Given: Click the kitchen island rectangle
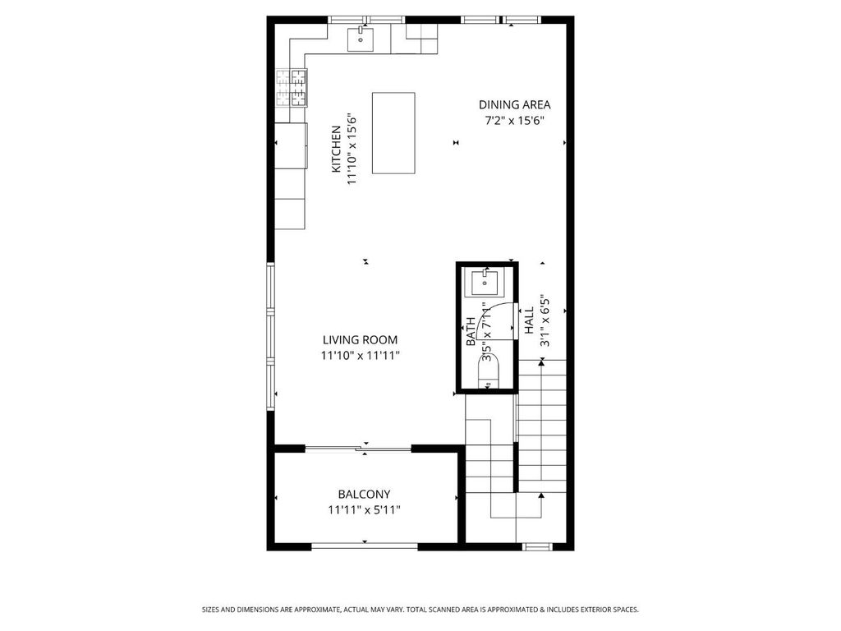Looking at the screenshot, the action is coord(393,133).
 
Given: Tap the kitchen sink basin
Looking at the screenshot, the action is coord(361,39).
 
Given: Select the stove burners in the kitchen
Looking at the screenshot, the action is coord(292,88).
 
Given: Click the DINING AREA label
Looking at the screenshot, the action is coord(514,104).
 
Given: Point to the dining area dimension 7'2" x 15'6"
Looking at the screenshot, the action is coord(514,121).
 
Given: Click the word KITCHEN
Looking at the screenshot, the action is coord(336,149).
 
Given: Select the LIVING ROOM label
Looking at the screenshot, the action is coord(360,339).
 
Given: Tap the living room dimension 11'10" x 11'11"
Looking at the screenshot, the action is coord(361,355).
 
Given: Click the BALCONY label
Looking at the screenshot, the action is coord(364,494).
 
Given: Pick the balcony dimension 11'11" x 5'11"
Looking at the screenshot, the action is coord(364,509).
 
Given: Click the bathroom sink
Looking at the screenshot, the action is coord(485,283).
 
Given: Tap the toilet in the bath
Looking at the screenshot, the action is coord(488,371).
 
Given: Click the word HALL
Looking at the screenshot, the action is coord(529,320).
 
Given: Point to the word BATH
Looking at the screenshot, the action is coord(471,332).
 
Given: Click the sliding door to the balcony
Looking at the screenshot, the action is coord(358,449).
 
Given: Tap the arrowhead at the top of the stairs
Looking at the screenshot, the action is coord(542,363).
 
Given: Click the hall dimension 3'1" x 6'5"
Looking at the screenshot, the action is coord(545,320).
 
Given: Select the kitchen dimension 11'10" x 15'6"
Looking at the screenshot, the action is coord(352,149).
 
